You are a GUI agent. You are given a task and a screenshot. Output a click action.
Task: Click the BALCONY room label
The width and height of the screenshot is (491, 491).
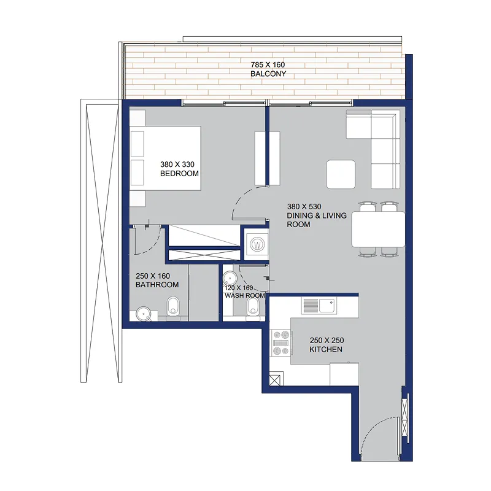268,74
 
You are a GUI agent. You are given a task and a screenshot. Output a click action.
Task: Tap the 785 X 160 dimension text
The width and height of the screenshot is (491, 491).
268,65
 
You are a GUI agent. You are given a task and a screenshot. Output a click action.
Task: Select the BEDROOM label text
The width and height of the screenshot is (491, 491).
179,174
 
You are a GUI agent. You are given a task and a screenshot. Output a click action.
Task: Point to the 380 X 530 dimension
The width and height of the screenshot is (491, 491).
304,207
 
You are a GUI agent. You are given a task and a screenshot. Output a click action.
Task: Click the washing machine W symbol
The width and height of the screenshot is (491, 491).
257,244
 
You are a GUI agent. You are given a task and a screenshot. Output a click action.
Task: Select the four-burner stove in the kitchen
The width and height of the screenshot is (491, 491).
281,342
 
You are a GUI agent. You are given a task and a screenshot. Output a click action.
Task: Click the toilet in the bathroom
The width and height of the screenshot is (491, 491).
172,306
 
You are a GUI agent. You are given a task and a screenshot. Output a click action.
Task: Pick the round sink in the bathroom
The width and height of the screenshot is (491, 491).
144,313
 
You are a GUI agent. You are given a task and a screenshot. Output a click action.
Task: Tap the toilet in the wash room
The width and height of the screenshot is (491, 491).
253,306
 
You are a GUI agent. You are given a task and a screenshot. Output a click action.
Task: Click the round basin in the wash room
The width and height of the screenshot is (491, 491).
230,279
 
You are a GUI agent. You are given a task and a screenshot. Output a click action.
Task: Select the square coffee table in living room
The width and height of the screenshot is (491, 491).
341,174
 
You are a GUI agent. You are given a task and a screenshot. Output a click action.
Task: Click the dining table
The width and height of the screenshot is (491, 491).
378,230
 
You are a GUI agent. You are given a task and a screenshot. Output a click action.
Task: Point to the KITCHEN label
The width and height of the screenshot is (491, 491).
326,349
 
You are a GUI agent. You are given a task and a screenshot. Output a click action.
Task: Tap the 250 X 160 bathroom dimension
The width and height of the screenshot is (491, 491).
153,276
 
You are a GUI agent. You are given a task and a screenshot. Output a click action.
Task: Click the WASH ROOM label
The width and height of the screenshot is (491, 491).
244,296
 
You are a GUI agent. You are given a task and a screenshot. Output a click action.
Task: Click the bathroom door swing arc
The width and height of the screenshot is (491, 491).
155,245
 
